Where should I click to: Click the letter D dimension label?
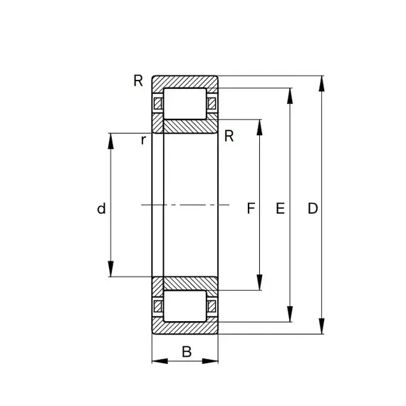point(313,208)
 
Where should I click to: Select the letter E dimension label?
point(280,208)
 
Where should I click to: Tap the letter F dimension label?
point(251,208)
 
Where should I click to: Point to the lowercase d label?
point(101,209)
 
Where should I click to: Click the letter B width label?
point(187,352)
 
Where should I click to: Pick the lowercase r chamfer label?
point(143,140)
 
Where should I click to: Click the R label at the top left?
point(138,80)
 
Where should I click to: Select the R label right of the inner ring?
point(229,136)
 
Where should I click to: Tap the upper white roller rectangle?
point(185,104)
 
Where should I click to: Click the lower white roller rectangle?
point(185,306)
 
